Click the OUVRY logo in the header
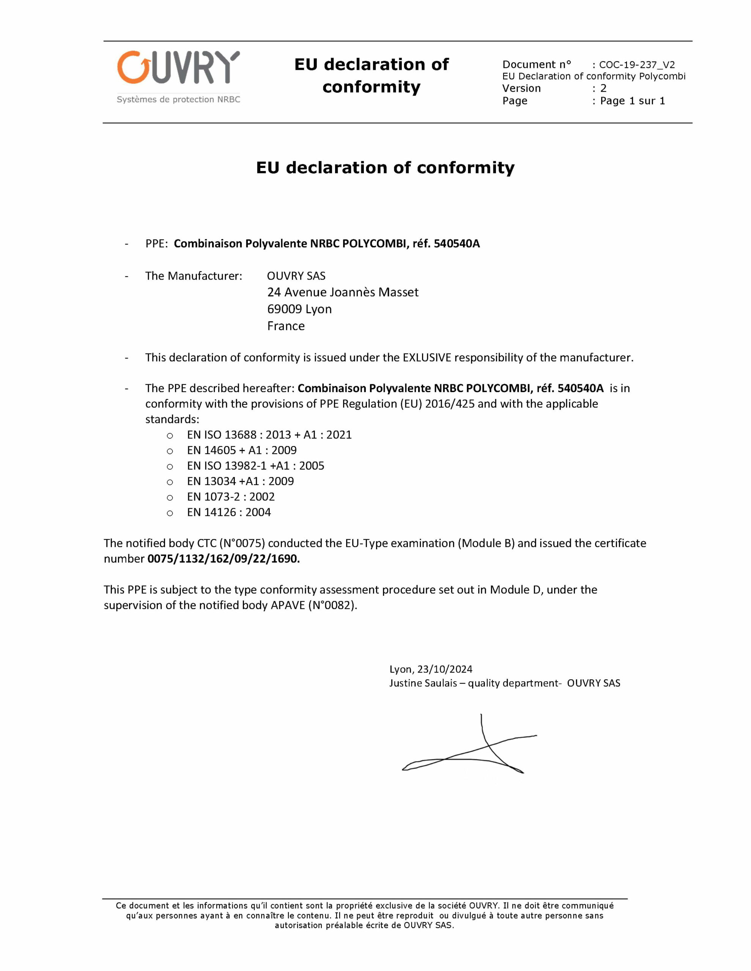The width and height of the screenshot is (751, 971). pyautogui.click(x=178, y=68)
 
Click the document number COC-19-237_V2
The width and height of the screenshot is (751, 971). pyautogui.click(x=637, y=64)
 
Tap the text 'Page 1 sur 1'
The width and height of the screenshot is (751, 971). pyautogui.click(x=632, y=101)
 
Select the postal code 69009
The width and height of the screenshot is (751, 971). pyautogui.click(x=284, y=309)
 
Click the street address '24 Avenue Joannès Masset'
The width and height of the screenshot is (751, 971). pyautogui.click(x=343, y=292)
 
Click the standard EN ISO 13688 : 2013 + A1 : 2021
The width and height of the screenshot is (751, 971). pyautogui.click(x=269, y=434)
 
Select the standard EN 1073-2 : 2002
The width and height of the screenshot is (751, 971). pyautogui.click(x=230, y=496)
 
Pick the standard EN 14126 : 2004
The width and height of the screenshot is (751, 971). pyautogui.click(x=229, y=512)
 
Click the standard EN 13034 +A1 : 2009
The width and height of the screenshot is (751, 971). pyautogui.click(x=240, y=481)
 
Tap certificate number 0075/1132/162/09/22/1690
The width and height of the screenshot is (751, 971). pyautogui.click(x=224, y=558)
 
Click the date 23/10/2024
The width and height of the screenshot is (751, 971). pyautogui.click(x=444, y=669)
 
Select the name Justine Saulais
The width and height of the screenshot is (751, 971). pyautogui.click(x=423, y=683)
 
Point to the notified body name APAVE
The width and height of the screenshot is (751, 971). pyautogui.click(x=287, y=605)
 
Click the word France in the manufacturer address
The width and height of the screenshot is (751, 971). pyautogui.click(x=286, y=326)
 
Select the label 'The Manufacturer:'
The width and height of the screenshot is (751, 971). pyautogui.click(x=194, y=276)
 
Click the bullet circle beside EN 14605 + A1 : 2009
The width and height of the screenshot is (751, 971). pyautogui.click(x=170, y=451)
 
